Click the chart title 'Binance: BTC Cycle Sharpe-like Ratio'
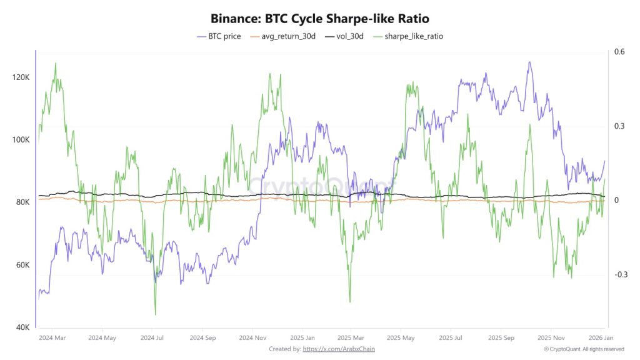point(319,18)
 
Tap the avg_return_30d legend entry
point(282,36)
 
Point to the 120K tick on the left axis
point(22,77)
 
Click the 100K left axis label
point(22,140)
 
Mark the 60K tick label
point(23,265)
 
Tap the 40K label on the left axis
point(23,327)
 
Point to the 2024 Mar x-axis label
point(52,338)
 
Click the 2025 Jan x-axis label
point(302,338)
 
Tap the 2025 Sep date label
point(501,338)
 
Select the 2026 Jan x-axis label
point(601,338)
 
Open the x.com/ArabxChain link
point(338,349)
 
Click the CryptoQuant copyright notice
point(583,349)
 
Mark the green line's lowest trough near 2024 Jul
point(155,314)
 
